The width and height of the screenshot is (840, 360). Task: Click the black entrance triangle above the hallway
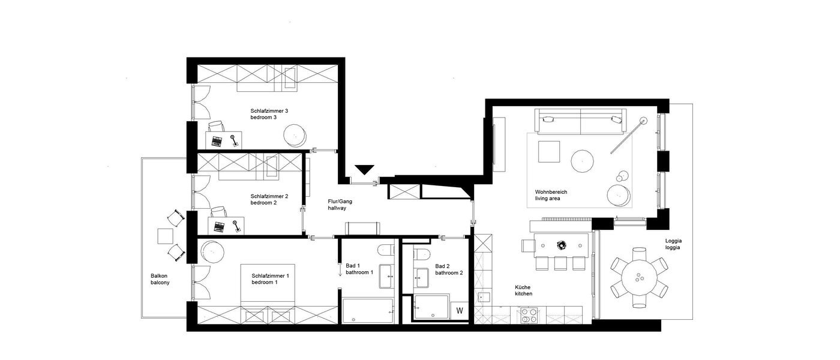364,170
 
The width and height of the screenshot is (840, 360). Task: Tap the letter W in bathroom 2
460,311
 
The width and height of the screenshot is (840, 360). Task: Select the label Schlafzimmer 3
269,111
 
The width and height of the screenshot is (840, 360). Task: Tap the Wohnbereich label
551,192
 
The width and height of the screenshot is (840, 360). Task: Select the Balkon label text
159,276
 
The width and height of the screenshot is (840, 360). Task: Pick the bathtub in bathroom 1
367,310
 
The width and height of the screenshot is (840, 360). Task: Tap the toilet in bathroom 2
422,253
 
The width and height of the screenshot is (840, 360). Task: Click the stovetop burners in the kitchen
529,315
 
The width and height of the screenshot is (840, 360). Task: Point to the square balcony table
165,236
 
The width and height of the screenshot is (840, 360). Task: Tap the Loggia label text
673,240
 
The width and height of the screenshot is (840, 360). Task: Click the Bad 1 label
352,266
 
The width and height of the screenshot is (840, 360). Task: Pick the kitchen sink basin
484,298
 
